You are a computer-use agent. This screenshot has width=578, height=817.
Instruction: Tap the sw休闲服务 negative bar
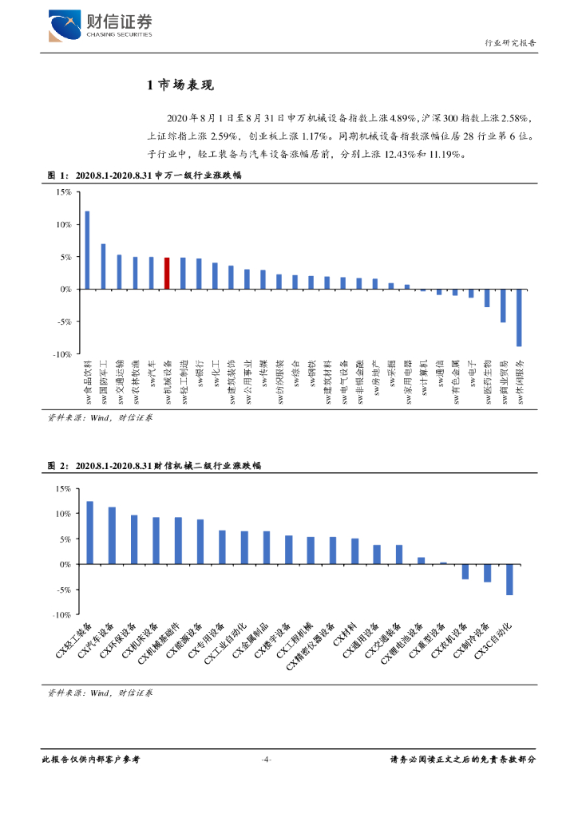519,318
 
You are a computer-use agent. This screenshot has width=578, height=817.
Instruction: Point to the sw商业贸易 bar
503,306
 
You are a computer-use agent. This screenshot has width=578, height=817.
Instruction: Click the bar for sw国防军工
103,266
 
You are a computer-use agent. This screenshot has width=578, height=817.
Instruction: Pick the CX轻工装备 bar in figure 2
89,532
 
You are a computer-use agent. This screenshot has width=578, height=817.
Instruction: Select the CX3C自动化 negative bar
509,579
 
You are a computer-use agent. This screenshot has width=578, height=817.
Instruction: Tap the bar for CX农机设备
465,571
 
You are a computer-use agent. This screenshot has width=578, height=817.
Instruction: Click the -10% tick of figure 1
62,353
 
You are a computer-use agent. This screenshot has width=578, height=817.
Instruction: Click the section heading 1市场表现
181,85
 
